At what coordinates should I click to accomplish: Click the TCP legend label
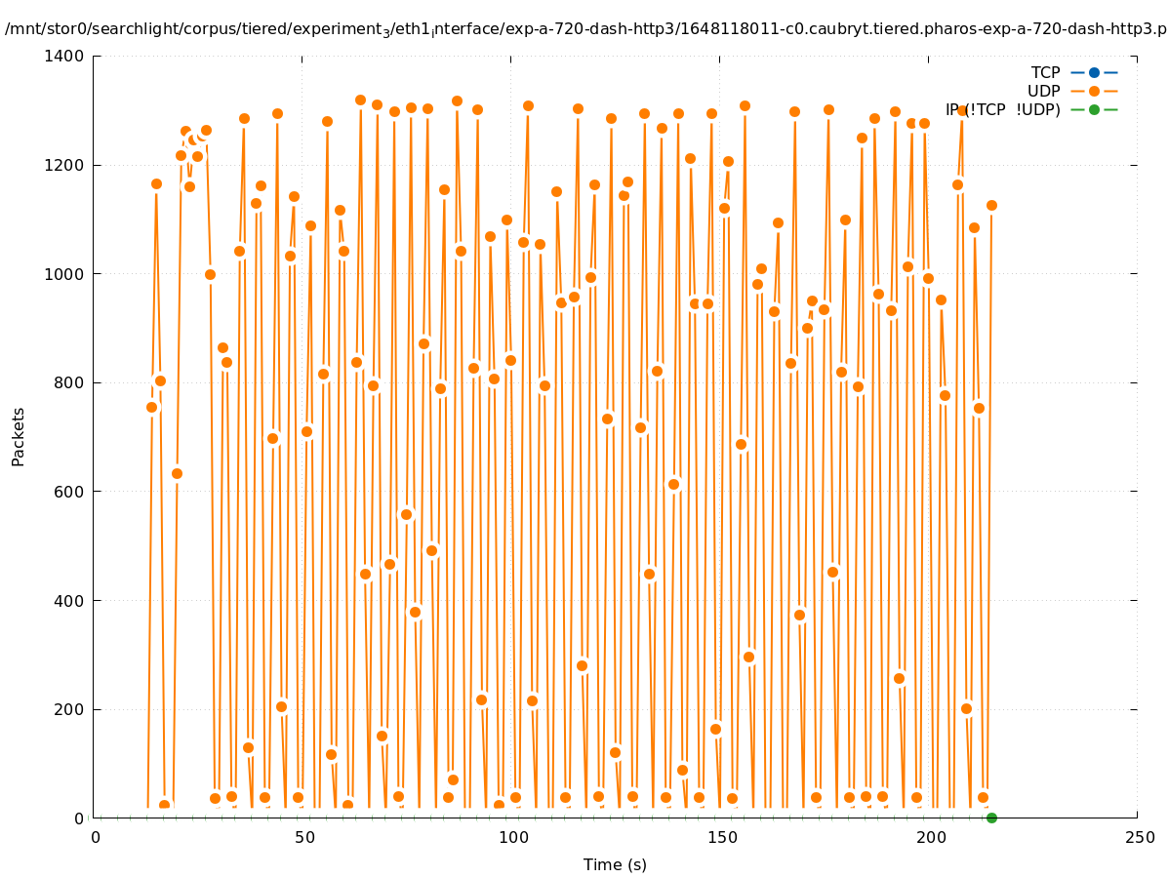coord(1045,72)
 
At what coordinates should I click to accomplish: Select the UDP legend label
coord(1043,91)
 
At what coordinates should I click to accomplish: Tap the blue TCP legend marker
coord(1094,72)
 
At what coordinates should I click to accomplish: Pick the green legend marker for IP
coord(1094,109)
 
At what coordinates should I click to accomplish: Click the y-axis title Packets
coord(19,436)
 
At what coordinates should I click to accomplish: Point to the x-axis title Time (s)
coord(615,864)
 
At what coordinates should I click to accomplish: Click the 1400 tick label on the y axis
coord(64,57)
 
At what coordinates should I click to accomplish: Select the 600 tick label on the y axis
coord(69,492)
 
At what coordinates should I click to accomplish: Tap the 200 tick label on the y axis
coord(69,709)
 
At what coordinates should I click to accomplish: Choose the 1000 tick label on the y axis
coord(64,274)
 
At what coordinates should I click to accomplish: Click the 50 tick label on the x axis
coord(302,838)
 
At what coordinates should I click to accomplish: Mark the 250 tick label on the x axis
coord(1138,838)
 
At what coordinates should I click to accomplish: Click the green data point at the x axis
coord(991,818)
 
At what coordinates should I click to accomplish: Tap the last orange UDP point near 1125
coord(991,205)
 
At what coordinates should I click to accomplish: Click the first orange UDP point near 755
coord(151,407)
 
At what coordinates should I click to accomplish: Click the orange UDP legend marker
coord(1094,91)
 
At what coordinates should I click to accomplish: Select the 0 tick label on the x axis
coord(95,838)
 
